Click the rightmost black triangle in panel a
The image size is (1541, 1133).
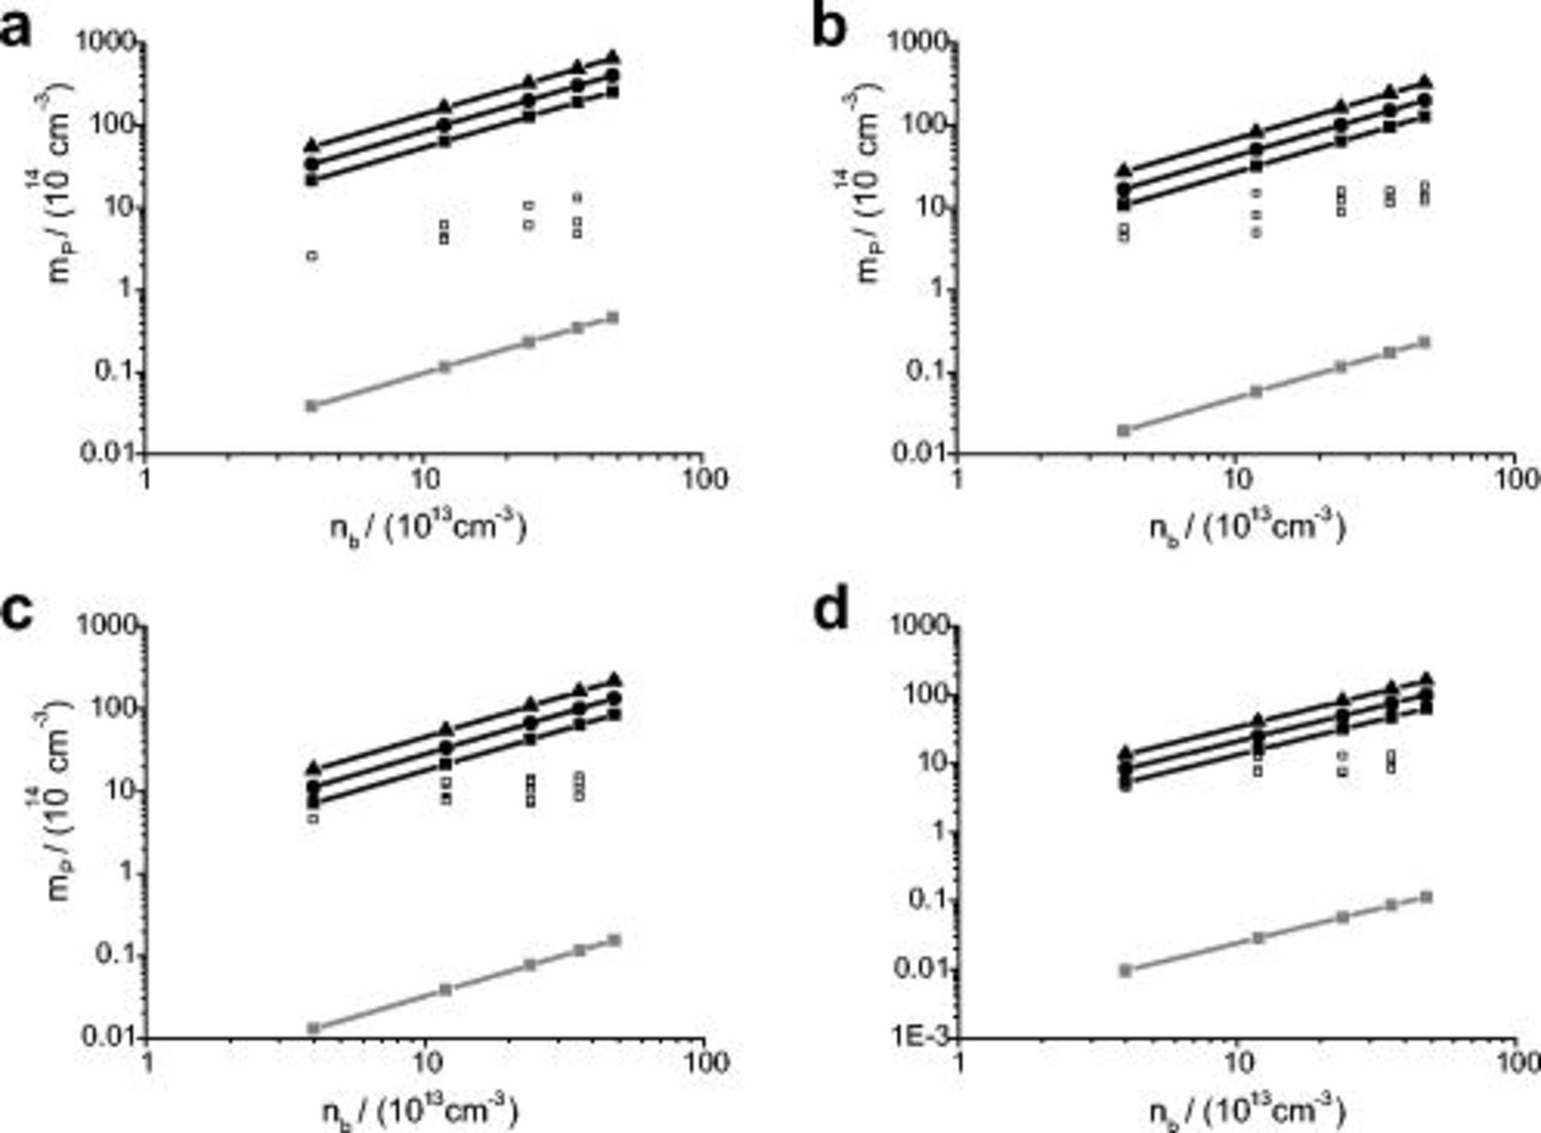click(612, 57)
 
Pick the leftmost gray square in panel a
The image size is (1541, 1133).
click(312, 405)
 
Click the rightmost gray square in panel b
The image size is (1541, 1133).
click(1425, 343)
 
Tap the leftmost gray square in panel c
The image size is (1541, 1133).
click(313, 1028)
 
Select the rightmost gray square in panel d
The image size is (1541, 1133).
click(1426, 897)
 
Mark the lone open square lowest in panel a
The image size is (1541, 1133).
click(312, 255)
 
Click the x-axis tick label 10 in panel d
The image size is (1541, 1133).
click(1235, 1062)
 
